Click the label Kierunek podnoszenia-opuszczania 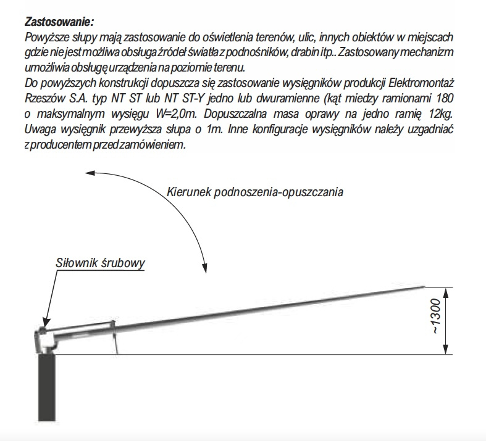click(255, 191)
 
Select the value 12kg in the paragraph click(438, 113)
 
